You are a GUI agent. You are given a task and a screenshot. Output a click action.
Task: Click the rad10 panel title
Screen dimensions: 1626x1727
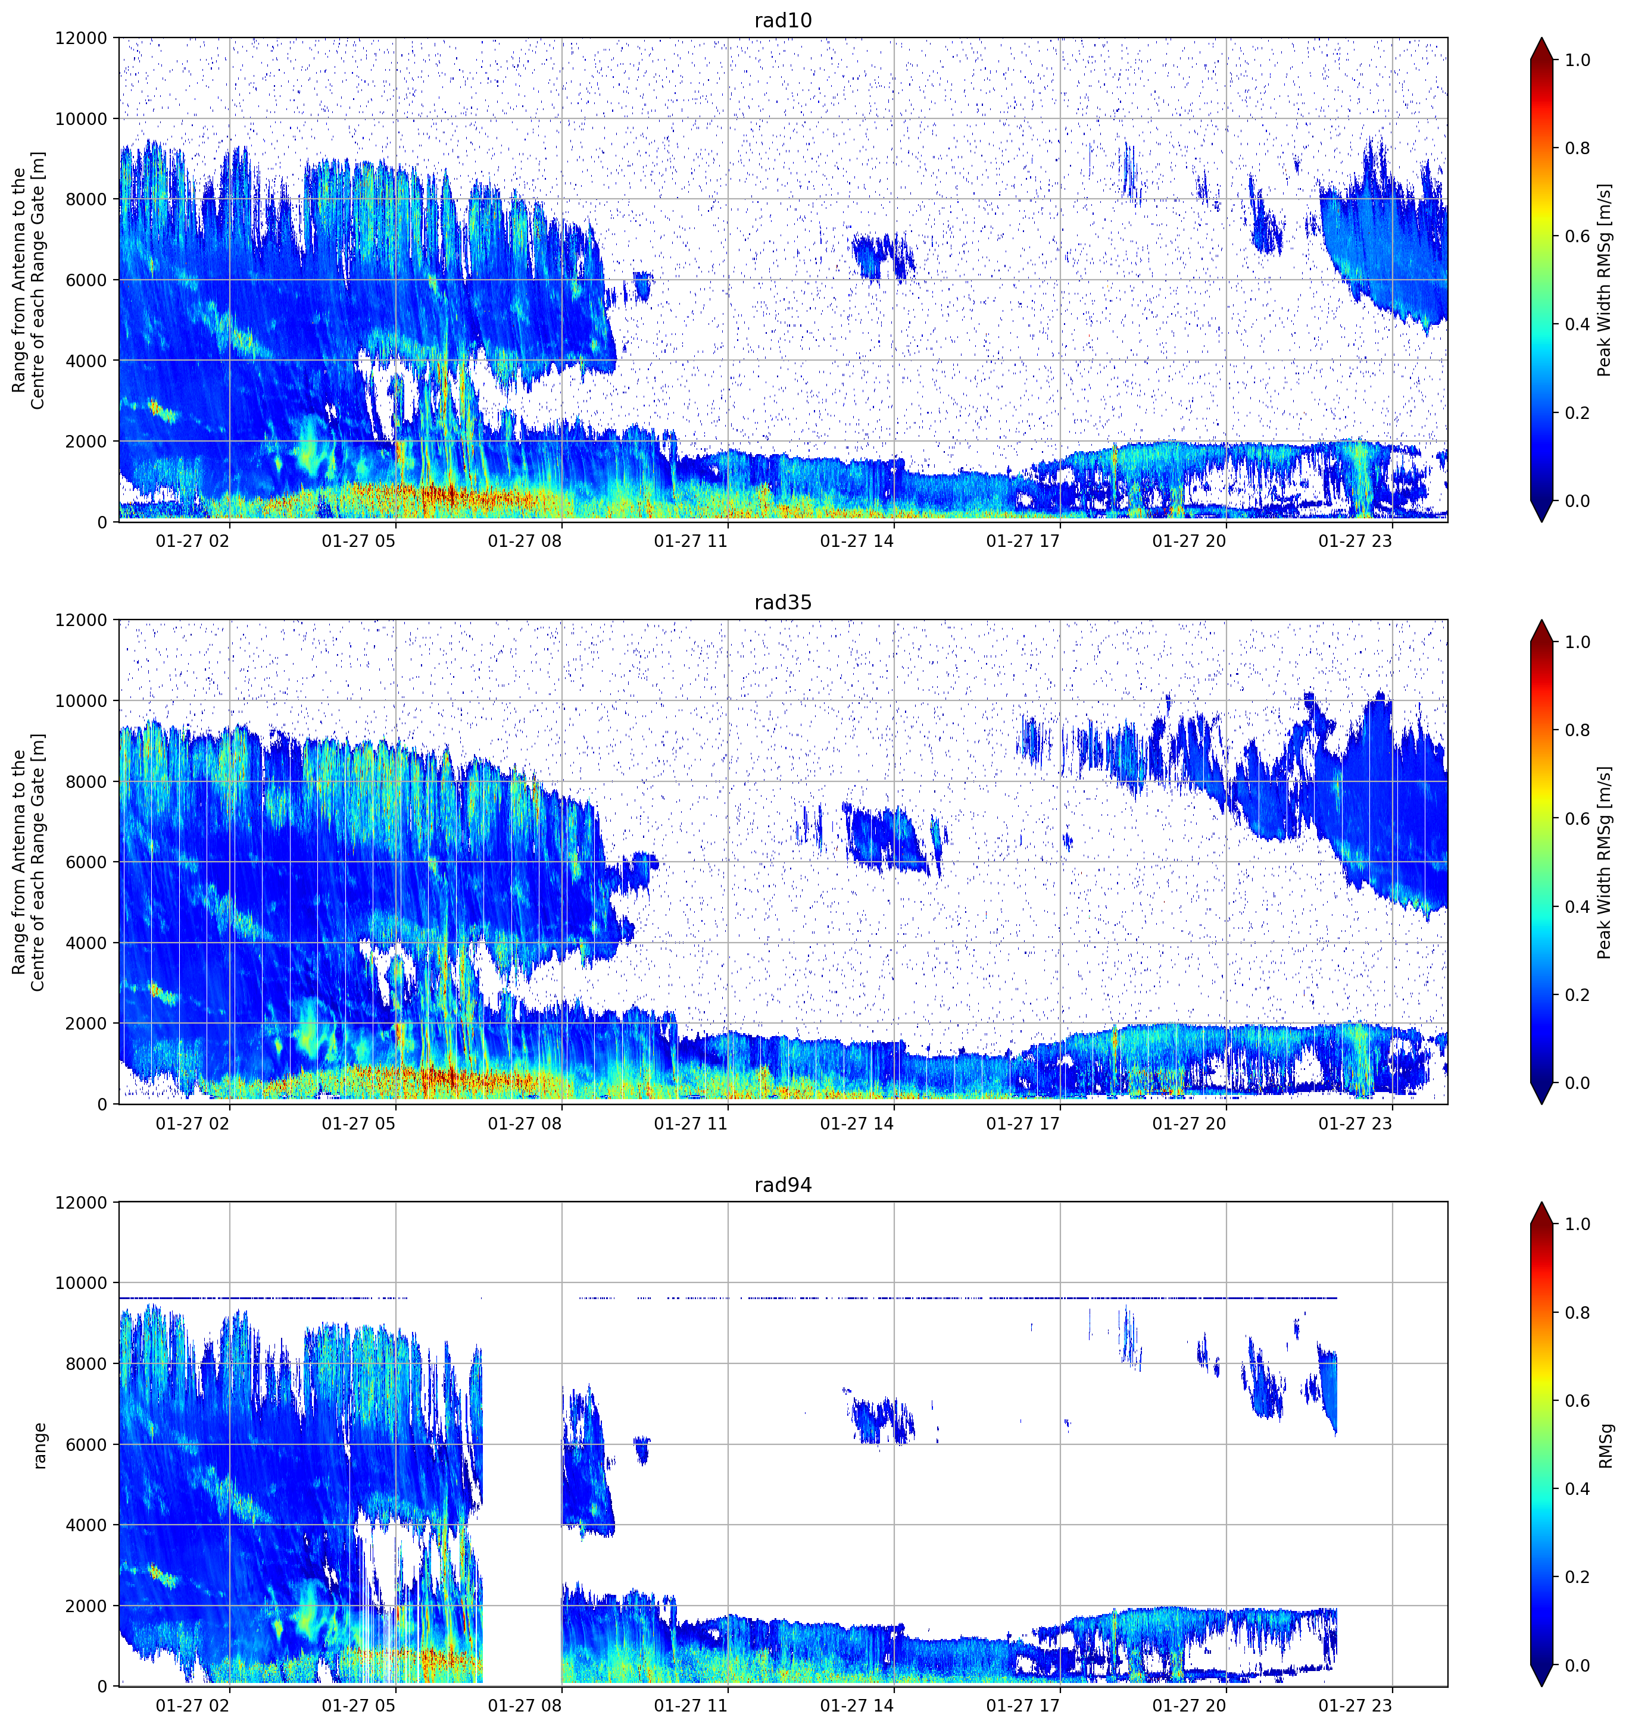pos(783,20)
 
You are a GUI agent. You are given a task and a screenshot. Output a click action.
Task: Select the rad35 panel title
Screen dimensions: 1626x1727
pos(783,602)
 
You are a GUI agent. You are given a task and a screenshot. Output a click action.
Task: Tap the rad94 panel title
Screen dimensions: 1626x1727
pos(783,1185)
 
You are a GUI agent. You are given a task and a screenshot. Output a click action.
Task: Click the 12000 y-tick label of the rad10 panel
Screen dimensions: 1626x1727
pos(81,38)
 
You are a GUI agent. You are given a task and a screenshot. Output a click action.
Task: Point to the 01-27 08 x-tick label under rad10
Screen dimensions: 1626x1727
pos(525,541)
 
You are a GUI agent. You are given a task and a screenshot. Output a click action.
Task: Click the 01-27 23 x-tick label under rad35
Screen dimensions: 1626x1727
pos(1356,1123)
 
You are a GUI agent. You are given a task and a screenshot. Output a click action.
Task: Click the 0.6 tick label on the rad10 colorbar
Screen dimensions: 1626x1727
pos(1577,236)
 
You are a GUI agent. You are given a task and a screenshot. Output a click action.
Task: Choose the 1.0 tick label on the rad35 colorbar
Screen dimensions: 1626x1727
pos(1577,642)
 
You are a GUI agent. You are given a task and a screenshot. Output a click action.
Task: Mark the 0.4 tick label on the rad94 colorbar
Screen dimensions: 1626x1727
pos(1577,1489)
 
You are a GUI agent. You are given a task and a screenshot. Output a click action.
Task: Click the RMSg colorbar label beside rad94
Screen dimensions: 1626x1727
pos(1605,1446)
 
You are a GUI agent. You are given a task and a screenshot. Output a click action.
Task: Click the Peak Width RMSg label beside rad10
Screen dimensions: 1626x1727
pos(1605,280)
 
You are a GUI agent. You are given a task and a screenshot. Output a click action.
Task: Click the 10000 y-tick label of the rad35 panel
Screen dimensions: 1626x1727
pos(81,701)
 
